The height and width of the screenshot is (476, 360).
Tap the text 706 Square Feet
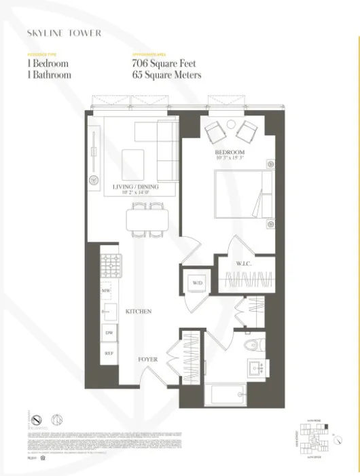tap(162, 63)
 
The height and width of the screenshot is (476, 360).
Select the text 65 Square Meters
tap(166, 75)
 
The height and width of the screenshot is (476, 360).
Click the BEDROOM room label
tap(229, 153)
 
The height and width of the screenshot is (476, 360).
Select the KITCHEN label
tap(138, 311)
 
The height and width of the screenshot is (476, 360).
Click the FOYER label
tap(148, 359)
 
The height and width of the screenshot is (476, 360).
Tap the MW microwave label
tap(106, 291)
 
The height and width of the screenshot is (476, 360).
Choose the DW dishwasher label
tap(109, 333)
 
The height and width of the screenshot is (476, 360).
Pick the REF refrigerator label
tap(108, 353)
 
